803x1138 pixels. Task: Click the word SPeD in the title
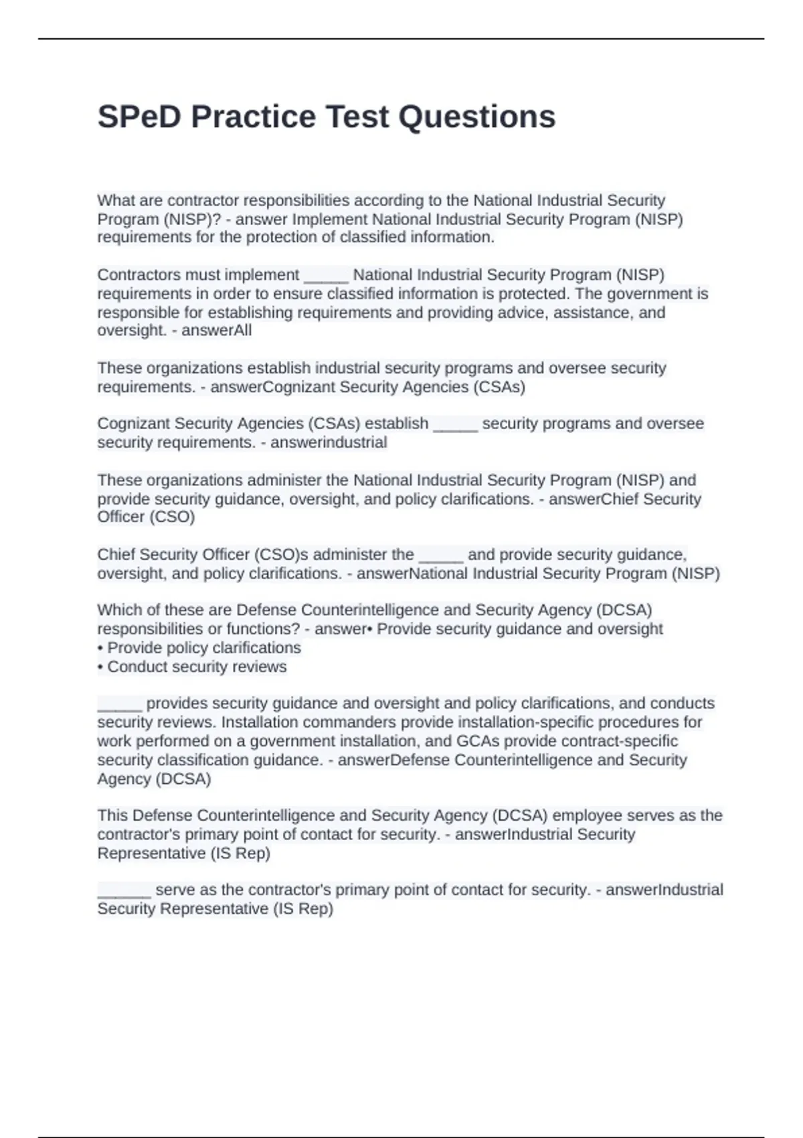(x=139, y=116)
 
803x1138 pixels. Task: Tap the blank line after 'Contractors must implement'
(x=326, y=276)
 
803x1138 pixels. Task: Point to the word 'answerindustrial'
(x=329, y=442)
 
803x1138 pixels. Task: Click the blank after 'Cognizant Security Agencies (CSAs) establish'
(x=455, y=424)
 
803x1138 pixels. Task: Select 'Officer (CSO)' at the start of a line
(x=146, y=517)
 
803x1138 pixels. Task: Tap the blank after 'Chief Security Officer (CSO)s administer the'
(x=441, y=556)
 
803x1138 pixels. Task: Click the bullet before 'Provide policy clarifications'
(x=100, y=648)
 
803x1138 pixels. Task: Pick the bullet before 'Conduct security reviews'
(x=100, y=667)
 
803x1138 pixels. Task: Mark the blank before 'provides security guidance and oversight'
(x=120, y=704)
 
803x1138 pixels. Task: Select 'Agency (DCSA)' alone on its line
(x=154, y=779)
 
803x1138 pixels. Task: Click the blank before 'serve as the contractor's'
(x=124, y=891)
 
